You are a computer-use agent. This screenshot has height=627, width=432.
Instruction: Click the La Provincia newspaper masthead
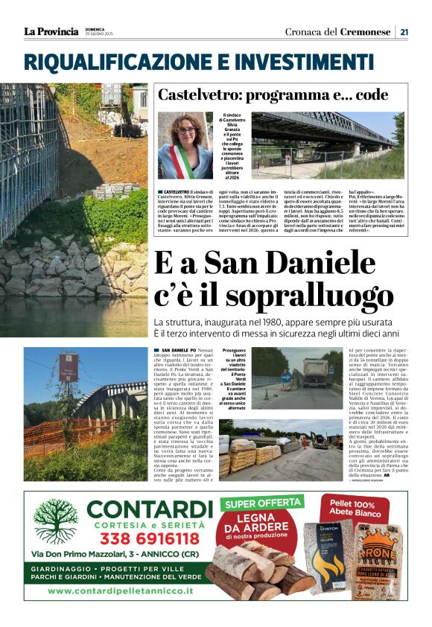51,31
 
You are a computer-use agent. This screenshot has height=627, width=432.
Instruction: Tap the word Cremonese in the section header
366,31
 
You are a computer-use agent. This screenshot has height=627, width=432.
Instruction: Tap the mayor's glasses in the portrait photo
185,130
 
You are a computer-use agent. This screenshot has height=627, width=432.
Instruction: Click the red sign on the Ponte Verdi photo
67,366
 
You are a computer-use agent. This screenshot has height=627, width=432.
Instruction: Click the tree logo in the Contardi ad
55,521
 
